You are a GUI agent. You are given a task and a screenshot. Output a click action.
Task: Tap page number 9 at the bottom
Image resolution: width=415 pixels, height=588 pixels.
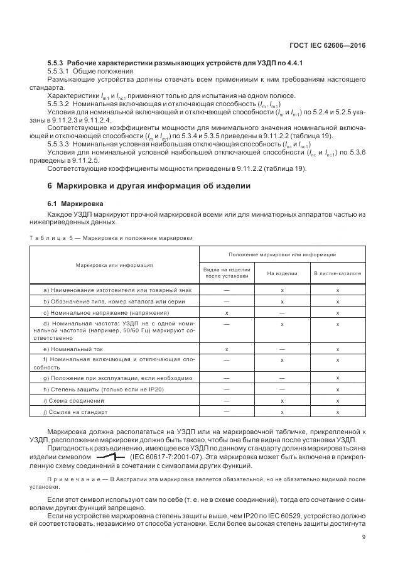click(x=364, y=536)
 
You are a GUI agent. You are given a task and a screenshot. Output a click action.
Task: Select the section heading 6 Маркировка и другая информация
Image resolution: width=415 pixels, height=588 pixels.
click(x=149, y=186)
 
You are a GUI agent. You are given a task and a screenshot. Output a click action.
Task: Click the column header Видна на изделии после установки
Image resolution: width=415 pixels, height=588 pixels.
click(x=227, y=273)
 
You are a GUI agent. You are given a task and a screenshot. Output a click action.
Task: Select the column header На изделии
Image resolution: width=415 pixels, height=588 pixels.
click(x=282, y=273)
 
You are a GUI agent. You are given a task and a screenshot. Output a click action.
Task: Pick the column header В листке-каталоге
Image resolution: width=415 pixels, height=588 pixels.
click(x=337, y=273)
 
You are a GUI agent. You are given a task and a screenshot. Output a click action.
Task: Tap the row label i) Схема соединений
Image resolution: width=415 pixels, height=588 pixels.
click(x=73, y=400)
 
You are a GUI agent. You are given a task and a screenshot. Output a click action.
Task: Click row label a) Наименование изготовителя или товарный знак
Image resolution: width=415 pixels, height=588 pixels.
click(x=117, y=290)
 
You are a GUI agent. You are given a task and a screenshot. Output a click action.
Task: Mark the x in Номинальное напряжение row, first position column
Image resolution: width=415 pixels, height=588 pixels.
click(x=227, y=312)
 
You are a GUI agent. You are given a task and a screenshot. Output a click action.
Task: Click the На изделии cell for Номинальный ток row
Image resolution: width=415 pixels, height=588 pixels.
click(x=282, y=349)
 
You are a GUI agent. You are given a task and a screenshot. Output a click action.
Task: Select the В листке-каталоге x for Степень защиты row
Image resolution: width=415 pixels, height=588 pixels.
click(x=338, y=389)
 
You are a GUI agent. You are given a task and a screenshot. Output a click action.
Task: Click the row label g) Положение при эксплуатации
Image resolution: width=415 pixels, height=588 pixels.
click(x=118, y=378)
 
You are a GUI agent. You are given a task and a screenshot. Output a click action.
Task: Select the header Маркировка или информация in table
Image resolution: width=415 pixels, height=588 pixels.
click(x=114, y=264)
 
